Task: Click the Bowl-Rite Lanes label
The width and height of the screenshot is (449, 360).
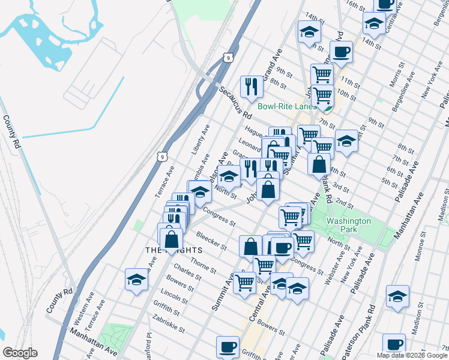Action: pyautogui.click(x=287, y=106)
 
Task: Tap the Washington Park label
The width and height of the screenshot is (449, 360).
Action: pyautogui.click(x=349, y=226)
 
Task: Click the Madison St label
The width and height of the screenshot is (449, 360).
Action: pyautogui.click(x=417, y=325)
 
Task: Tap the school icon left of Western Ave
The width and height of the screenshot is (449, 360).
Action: pyautogui.click(x=136, y=280)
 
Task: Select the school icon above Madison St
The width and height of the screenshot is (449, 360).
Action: pyautogui.click(x=397, y=296)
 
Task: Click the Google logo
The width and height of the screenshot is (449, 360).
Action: pyautogui.click(x=20, y=353)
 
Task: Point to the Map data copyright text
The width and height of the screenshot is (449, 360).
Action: pyautogui.click(x=411, y=355)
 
